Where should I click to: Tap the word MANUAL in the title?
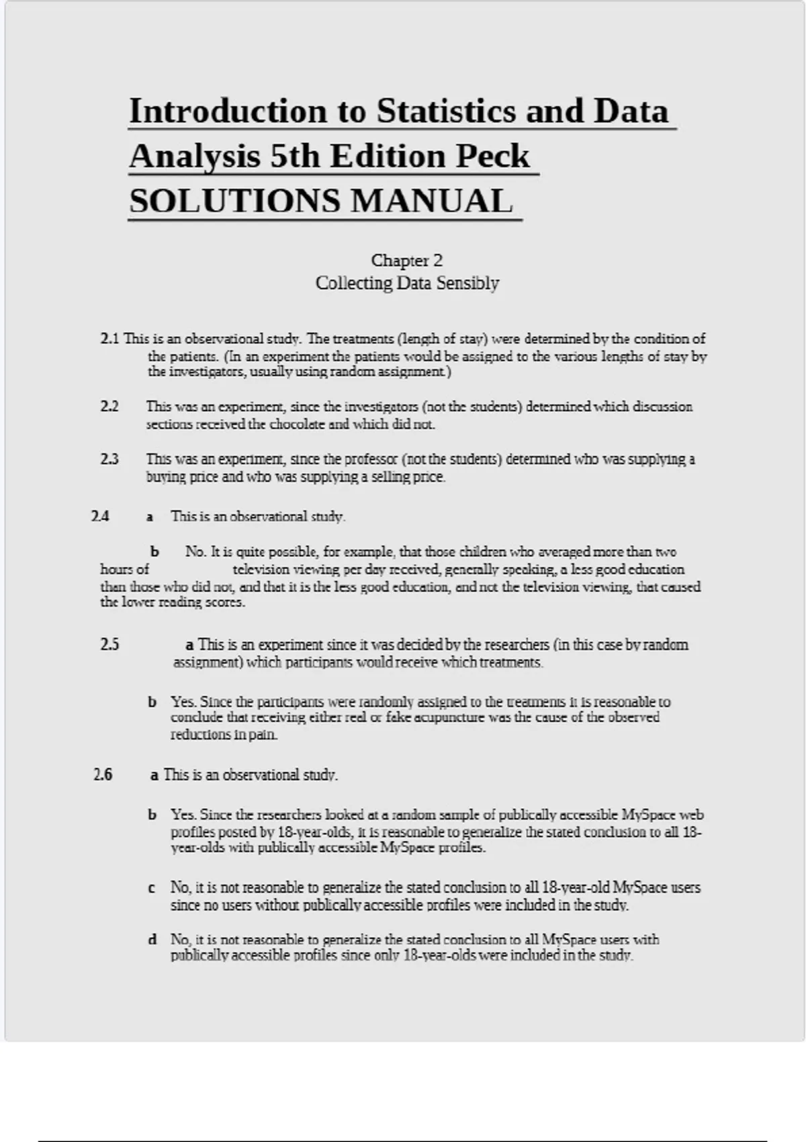tap(431, 201)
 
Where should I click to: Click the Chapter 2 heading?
tap(406, 260)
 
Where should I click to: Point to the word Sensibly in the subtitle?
tap(467, 283)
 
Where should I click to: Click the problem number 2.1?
tap(109, 339)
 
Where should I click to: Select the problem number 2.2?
tap(109, 406)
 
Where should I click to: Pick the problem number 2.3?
tap(109, 459)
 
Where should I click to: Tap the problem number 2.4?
tap(100, 516)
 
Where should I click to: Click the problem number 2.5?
tap(109, 644)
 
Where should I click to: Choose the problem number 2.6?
tap(103, 775)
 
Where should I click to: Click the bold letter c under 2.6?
tap(152, 887)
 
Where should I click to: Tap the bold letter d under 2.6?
tap(152, 939)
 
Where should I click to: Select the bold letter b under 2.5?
tap(152, 701)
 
